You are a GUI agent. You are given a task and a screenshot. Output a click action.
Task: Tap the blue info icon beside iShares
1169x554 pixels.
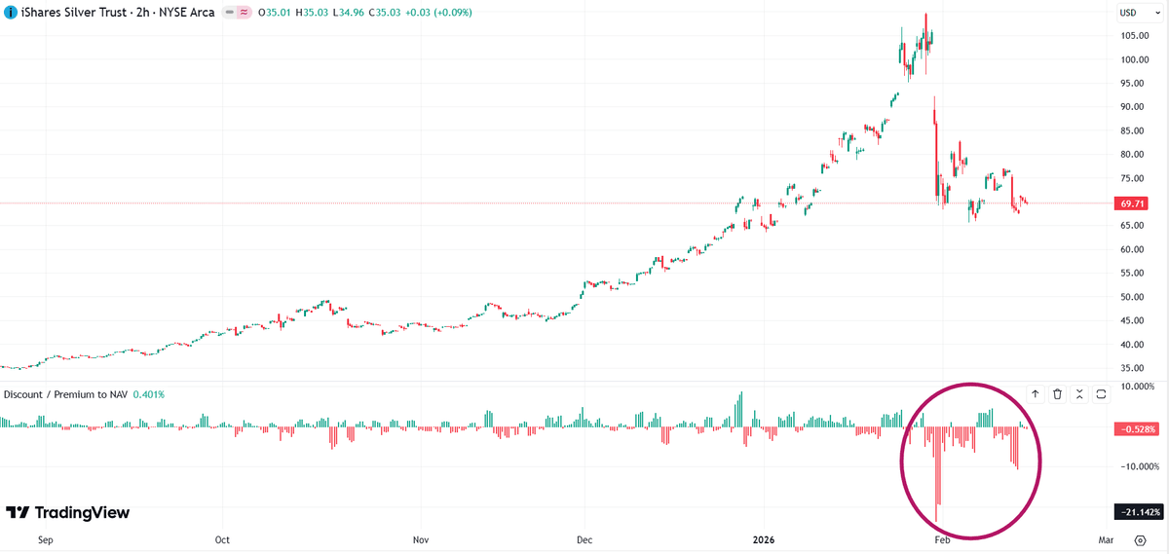10,13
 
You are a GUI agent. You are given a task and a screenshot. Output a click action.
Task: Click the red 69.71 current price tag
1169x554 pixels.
1132,203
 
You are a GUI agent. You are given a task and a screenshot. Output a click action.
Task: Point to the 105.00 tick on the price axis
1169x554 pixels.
1132,36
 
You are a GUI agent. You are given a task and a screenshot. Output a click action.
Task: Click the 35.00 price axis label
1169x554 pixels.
1132,368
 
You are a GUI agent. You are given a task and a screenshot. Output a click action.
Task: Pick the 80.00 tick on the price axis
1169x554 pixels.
1132,155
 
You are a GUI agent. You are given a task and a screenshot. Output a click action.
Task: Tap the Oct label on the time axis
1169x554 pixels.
222,538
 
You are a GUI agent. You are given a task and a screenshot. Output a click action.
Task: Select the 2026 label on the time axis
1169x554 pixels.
764,538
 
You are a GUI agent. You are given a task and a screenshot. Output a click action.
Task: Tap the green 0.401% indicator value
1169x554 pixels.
149,394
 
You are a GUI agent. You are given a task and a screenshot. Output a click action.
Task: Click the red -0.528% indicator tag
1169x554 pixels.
1134,429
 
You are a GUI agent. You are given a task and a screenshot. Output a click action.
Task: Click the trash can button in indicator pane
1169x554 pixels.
1058,394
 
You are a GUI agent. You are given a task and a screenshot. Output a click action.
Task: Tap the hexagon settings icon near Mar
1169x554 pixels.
1140,539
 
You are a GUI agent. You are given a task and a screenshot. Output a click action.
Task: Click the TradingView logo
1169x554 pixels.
68,512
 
